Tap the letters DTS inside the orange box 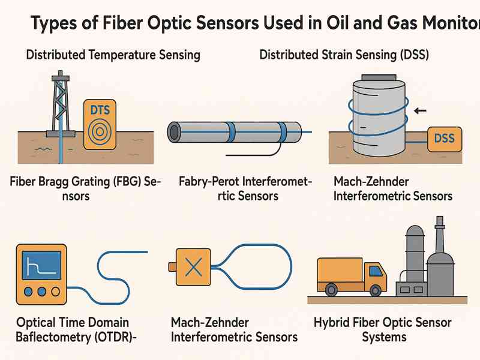click(x=99, y=110)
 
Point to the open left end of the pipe click(x=173, y=131)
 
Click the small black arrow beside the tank click(x=421, y=110)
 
